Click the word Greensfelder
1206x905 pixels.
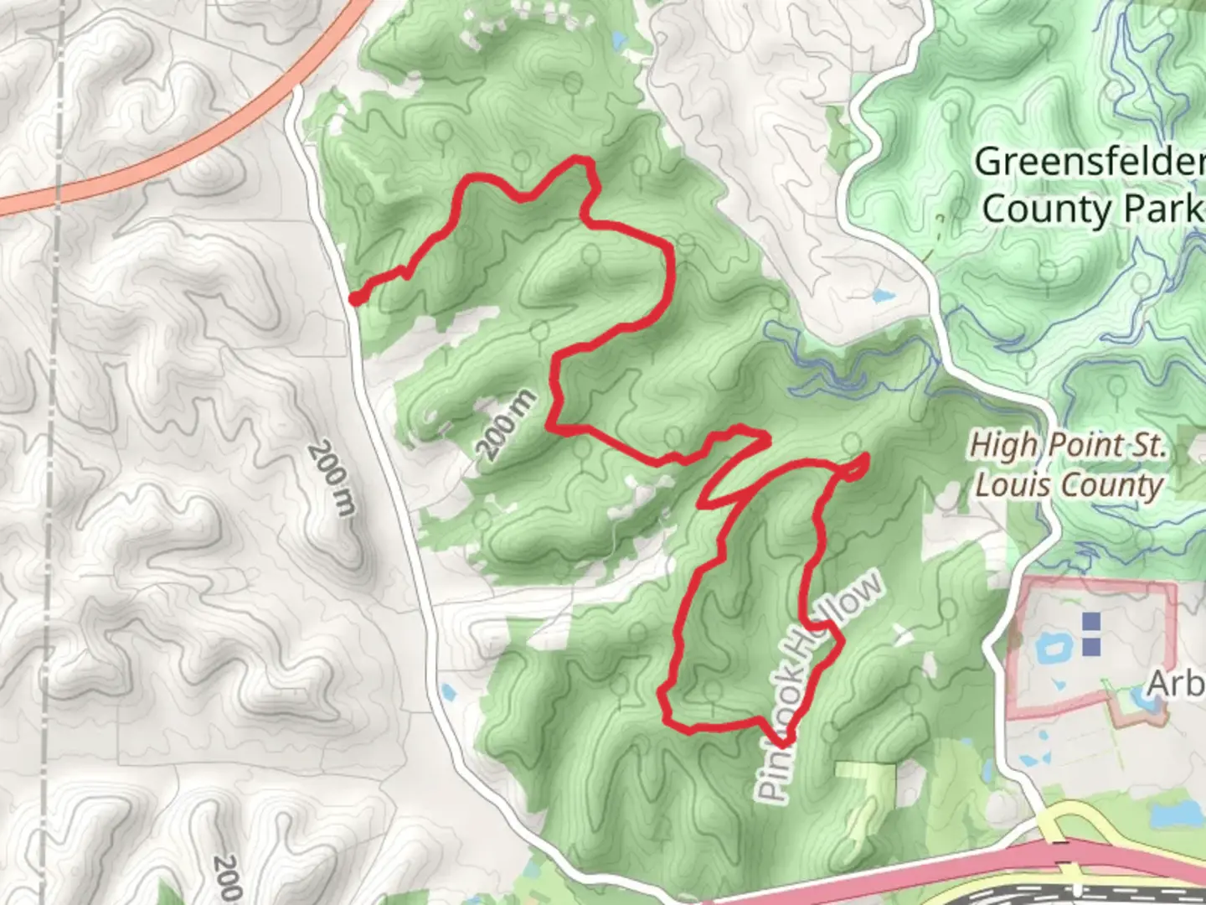click(x=1089, y=162)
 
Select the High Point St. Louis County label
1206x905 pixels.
click(x=1068, y=465)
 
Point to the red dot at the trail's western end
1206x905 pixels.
click(x=356, y=298)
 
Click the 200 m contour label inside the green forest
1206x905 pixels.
click(x=506, y=425)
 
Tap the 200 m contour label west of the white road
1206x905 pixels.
click(x=332, y=478)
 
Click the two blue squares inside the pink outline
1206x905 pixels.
click(x=1090, y=633)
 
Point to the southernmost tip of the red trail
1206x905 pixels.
click(x=782, y=742)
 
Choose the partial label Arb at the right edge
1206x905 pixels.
click(x=1177, y=684)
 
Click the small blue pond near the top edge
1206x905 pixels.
click(x=619, y=39)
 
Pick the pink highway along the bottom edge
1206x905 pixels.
click(x=921, y=876)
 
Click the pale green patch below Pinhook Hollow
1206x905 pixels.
click(x=867, y=779)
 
